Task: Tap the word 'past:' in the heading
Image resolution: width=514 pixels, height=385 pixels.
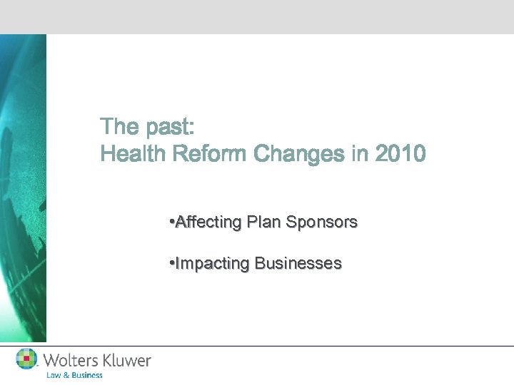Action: tap(168, 128)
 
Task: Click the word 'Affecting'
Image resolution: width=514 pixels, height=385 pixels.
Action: tap(208, 222)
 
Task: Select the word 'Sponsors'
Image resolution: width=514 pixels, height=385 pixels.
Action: tap(321, 222)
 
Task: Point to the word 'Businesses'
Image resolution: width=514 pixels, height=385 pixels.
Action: tap(298, 264)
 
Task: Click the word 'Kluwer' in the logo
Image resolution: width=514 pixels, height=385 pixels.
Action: tap(128, 360)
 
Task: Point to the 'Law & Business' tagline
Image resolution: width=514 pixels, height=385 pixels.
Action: tap(75, 375)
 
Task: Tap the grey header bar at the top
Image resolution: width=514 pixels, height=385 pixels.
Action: tap(257, 16)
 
